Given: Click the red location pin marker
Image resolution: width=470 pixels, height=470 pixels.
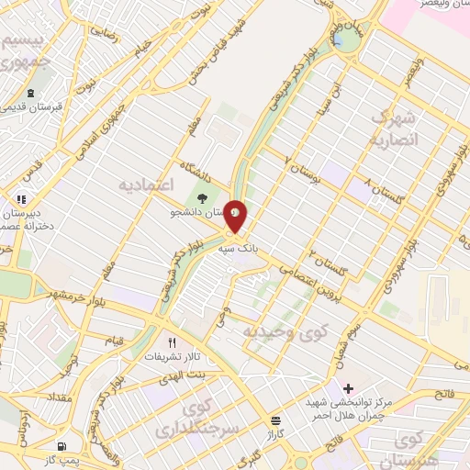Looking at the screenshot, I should click(236, 216).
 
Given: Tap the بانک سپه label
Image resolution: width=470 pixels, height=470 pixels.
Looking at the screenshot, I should click(235, 248).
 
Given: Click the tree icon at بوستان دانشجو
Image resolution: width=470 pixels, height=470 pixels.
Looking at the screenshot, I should click(202, 197).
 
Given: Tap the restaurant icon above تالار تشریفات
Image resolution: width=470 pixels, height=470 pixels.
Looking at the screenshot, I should click(171, 342).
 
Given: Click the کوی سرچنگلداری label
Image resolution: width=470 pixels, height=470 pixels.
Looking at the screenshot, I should click(210, 418).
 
